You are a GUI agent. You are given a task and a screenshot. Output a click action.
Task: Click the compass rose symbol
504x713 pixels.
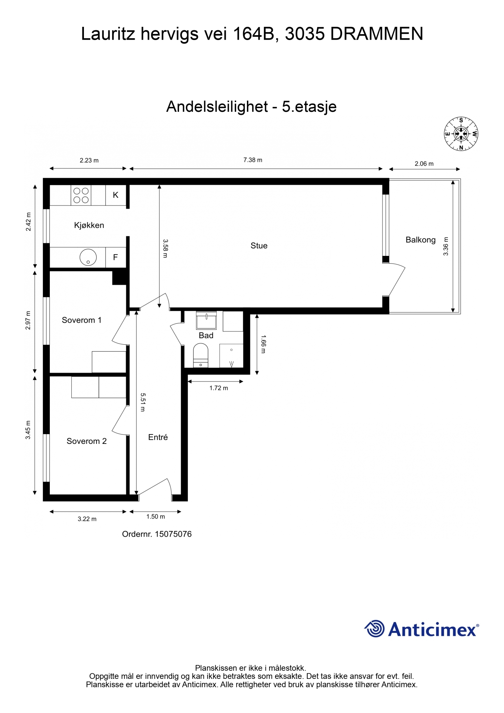pyautogui.click(x=461, y=134)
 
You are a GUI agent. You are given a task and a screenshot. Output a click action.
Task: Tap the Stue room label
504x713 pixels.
pyautogui.click(x=259, y=246)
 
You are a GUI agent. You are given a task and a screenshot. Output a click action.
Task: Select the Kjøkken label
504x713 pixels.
pyautogui.click(x=89, y=225)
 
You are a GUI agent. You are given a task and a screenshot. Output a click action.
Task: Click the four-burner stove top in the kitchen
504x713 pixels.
pyautogui.click(x=81, y=195)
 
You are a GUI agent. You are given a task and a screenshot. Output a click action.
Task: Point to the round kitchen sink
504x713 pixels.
pyautogui.click(x=88, y=258)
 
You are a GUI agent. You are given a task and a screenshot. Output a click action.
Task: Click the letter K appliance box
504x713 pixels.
pyautogui.click(x=116, y=195)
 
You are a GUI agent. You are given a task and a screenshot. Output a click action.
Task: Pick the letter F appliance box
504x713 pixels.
pyautogui.click(x=116, y=258)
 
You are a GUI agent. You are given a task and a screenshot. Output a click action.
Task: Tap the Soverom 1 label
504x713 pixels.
pyautogui.click(x=82, y=320)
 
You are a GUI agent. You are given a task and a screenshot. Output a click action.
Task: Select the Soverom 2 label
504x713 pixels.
pyautogui.click(x=86, y=441)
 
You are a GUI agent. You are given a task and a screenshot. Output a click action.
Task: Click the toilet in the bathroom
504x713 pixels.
pyautogui.click(x=201, y=355)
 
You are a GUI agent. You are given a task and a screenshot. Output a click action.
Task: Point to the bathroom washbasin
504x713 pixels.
pyautogui.click(x=207, y=320)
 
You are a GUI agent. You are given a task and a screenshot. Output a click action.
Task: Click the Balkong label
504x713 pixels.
pyautogui.click(x=420, y=240)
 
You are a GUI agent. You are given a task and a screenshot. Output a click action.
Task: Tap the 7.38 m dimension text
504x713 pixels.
pyautogui.click(x=253, y=160)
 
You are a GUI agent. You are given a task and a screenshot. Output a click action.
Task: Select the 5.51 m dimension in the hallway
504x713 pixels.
pyautogui.click(x=143, y=402)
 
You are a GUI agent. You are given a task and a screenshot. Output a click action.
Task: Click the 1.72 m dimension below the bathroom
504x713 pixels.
pyautogui.click(x=219, y=388)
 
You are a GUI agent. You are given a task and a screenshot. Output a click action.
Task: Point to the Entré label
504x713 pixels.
pyautogui.click(x=158, y=437)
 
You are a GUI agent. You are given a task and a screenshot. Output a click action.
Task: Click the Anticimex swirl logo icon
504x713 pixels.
pyautogui.click(x=374, y=628)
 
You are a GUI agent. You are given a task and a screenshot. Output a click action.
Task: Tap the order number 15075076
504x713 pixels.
pyautogui.click(x=173, y=534)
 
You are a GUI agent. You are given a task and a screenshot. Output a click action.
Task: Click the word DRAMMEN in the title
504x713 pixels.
pyautogui.click(x=377, y=34)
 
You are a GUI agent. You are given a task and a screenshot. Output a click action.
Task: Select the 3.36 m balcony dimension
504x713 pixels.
pyautogui.click(x=446, y=246)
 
